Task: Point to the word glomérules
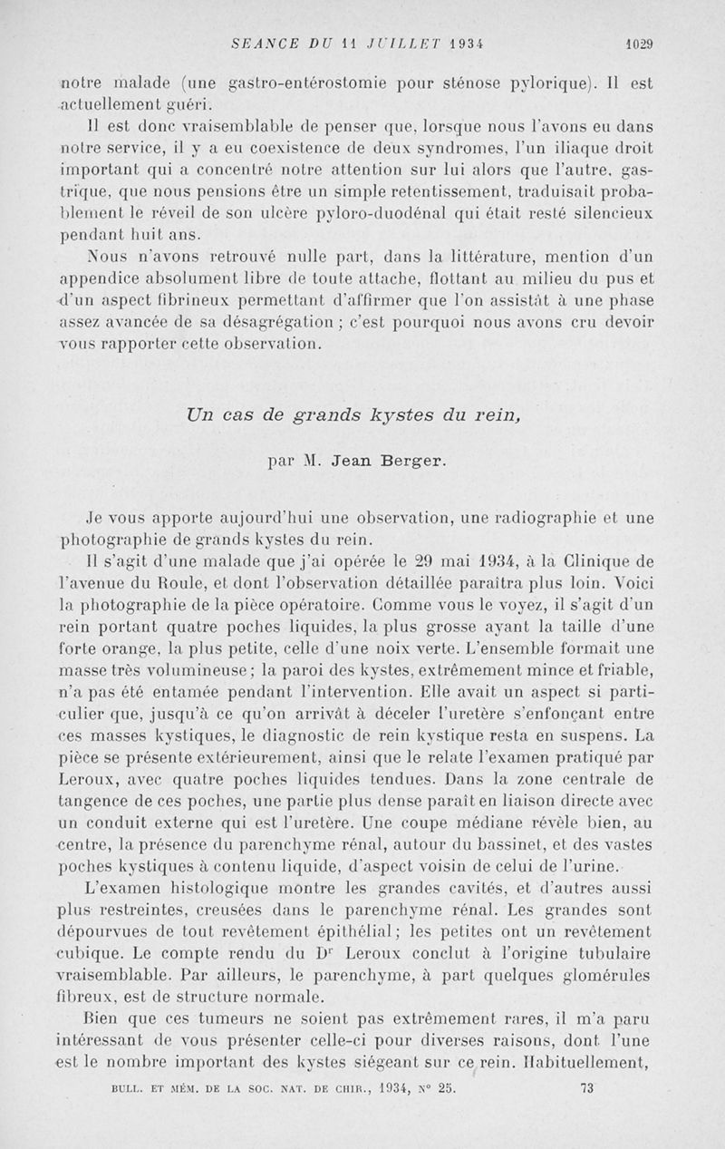coord(606,977)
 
